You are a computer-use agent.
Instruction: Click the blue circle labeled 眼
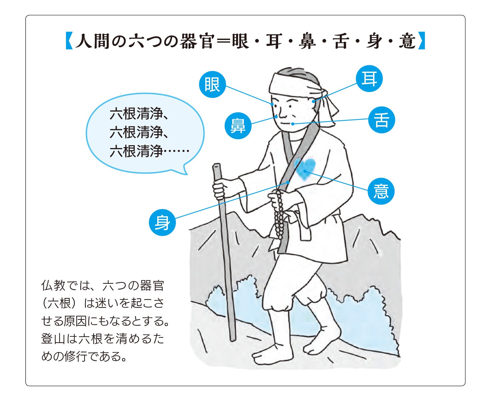(212, 84)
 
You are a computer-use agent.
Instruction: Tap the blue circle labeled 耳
(369, 79)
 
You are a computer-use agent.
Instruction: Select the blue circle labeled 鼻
(238, 126)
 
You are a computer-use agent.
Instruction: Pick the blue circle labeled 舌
(381, 120)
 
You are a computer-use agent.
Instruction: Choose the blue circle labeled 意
(381, 191)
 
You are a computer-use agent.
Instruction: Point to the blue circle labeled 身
(162, 222)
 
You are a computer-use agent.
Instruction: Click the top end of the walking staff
(216, 165)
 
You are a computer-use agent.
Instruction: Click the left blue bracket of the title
(69, 41)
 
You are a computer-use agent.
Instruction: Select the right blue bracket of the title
(421, 41)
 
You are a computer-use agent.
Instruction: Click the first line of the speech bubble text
(139, 114)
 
